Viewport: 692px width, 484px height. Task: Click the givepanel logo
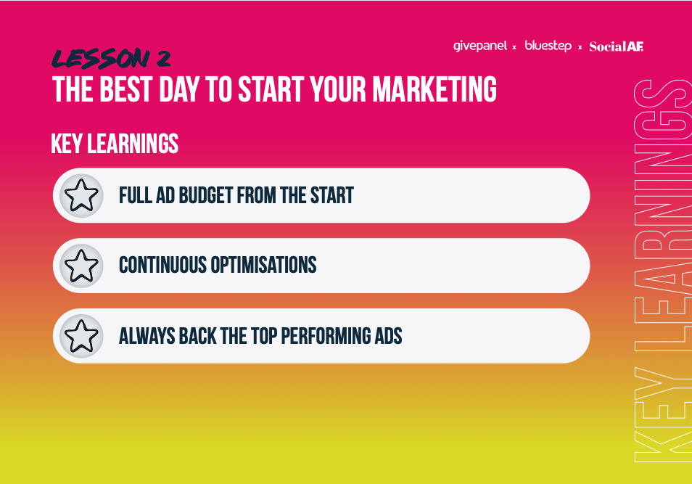[x=480, y=46]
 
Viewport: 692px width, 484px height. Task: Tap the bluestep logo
[x=548, y=46]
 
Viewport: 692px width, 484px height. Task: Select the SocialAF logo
[x=616, y=46]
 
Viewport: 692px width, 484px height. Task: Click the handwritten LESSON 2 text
[x=111, y=59]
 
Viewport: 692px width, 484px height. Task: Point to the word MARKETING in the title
[x=434, y=89]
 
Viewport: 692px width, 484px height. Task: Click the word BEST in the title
[x=126, y=89]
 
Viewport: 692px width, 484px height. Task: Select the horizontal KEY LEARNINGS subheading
[x=115, y=144]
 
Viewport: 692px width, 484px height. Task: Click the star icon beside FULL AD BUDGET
[x=81, y=195]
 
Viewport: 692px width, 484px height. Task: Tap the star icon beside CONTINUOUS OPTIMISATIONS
[x=81, y=266]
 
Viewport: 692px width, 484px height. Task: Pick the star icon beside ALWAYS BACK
[x=81, y=336]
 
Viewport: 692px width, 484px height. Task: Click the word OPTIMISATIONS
[x=263, y=265]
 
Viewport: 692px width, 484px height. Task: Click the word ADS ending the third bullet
[x=388, y=336]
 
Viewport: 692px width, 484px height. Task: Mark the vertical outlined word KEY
[x=663, y=414]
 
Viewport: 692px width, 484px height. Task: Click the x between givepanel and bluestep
[x=514, y=47]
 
